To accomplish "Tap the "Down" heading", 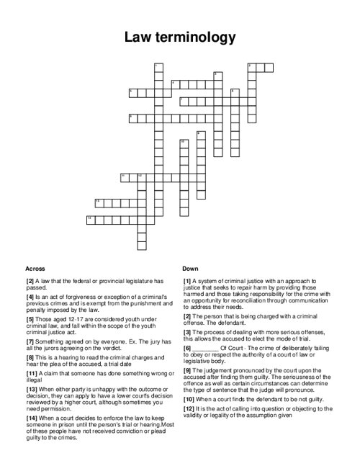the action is coord(190,268).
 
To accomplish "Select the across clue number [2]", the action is coord(30,280).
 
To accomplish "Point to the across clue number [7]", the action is coord(30,341).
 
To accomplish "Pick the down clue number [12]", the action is coord(189,408).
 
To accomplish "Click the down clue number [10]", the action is coord(189,398).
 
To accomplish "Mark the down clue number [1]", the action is coord(187,280).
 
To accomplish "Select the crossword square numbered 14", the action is coord(91,219).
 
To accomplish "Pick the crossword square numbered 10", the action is coord(183,143).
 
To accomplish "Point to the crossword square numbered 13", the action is coord(99,202).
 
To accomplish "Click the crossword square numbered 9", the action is coord(199,135).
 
